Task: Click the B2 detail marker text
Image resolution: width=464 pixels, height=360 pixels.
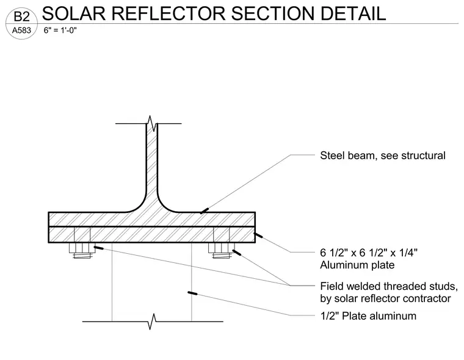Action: [21, 16]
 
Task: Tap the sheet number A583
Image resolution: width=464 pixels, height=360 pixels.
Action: [21, 30]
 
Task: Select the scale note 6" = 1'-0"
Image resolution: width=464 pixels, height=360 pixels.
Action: [60, 30]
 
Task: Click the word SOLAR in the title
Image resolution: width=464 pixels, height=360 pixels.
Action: [74, 13]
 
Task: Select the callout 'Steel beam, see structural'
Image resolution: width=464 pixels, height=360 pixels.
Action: [383, 156]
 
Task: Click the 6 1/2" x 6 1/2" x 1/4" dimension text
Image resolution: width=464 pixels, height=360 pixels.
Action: [369, 253]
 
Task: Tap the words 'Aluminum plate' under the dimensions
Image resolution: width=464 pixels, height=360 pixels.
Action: [357, 265]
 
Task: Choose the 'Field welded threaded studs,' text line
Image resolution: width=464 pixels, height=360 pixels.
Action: [389, 286]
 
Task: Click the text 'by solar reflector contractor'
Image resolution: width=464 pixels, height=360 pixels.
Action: [385, 298]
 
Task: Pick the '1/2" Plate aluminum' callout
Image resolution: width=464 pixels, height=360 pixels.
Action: [368, 316]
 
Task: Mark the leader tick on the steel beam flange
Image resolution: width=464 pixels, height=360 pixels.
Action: [204, 211]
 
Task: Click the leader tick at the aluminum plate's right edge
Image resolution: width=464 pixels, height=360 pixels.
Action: [258, 236]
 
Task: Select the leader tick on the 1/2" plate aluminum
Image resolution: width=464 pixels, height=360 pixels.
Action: [192, 293]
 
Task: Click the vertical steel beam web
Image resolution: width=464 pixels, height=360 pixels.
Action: [151, 163]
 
